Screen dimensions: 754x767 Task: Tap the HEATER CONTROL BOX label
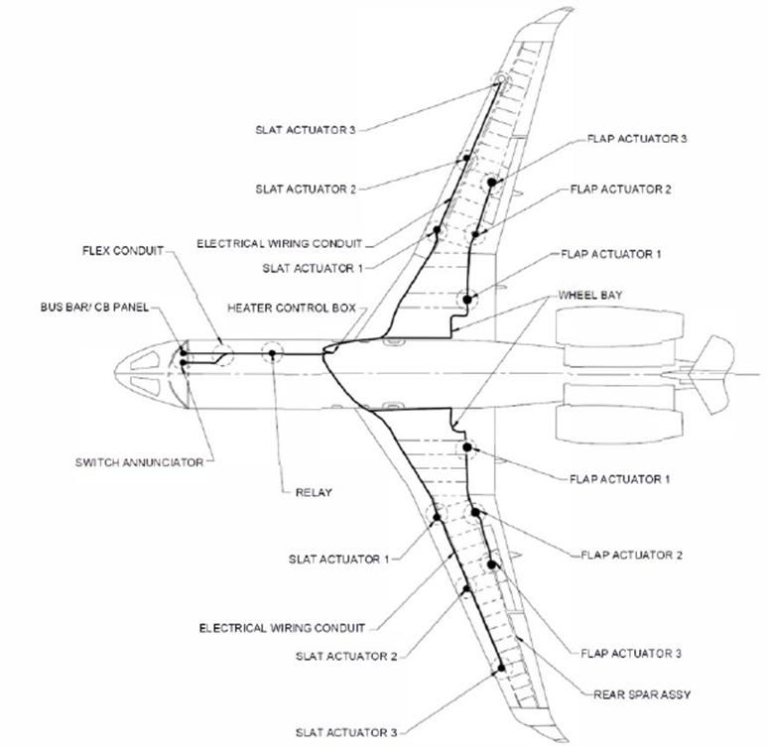(291, 308)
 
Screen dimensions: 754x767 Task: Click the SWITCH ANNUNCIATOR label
(139, 461)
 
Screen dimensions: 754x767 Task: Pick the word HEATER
(251, 308)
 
